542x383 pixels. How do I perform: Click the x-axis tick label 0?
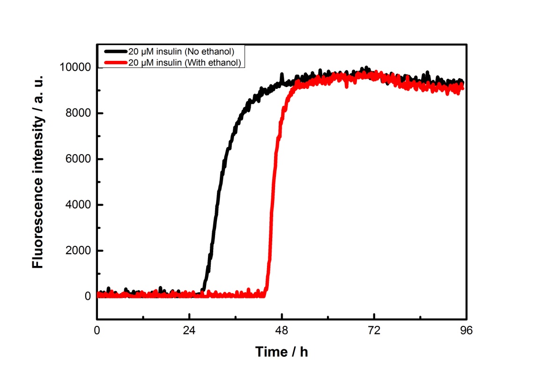pyautogui.click(x=97, y=330)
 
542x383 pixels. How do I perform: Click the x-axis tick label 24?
pyautogui.click(x=189, y=330)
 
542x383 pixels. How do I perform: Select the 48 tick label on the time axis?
pyautogui.click(x=282, y=330)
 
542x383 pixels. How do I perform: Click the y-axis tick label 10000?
pyautogui.click(x=74, y=68)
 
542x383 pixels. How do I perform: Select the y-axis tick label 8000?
pyautogui.click(x=77, y=114)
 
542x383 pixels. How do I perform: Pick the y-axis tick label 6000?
pyautogui.click(x=77, y=160)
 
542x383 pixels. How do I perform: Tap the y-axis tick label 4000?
pyautogui.click(x=77, y=205)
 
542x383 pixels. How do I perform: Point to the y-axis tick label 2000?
pyautogui.click(x=77, y=251)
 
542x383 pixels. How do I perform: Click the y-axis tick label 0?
pyautogui.click(x=88, y=296)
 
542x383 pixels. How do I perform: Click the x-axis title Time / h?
pyautogui.click(x=282, y=352)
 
